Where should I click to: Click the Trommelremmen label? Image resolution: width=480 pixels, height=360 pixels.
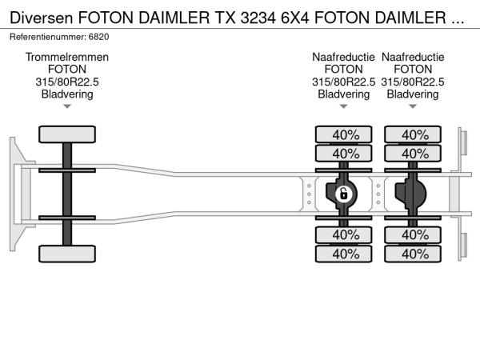[67, 58]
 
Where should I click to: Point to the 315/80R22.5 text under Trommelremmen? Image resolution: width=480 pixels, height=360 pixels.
[67, 82]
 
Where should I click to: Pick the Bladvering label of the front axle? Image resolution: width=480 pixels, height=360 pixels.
[67, 94]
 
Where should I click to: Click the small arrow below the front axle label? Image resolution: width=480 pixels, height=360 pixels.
[67, 106]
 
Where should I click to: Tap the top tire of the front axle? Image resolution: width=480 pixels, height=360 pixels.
[67, 134]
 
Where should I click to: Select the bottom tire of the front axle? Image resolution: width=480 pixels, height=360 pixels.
[67, 253]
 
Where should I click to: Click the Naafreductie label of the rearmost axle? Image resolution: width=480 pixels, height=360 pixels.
[413, 58]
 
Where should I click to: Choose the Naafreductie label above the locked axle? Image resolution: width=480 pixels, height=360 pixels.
[344, 58]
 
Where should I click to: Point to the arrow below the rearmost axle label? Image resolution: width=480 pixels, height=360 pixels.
[413, 106]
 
